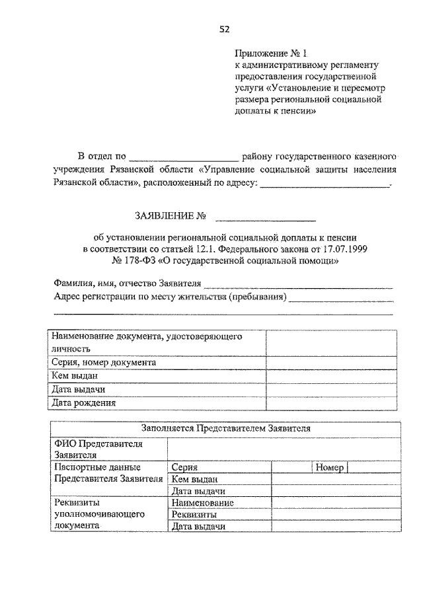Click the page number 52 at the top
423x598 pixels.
[224, 28]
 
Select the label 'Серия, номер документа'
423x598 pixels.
[104, 362]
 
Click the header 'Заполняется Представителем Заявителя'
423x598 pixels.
[225, 428]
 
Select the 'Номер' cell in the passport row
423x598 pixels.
[330, 467]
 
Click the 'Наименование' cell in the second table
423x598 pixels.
[202, 503]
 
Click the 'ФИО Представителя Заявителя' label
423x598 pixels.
[96, 449]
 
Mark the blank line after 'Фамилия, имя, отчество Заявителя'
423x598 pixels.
[297, 285]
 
